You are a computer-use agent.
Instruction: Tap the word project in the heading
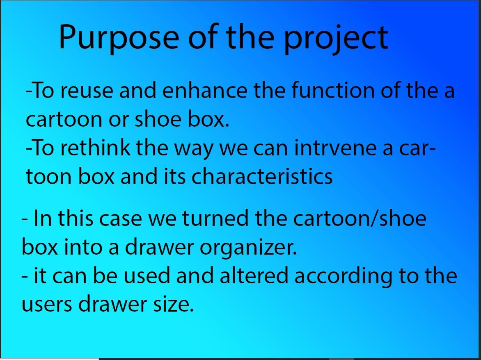tap(336, 38)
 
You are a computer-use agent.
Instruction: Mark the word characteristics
tap(262, 176)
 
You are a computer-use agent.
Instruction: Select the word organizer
tap(248, 248)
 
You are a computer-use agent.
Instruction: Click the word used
tap(147, 275)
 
